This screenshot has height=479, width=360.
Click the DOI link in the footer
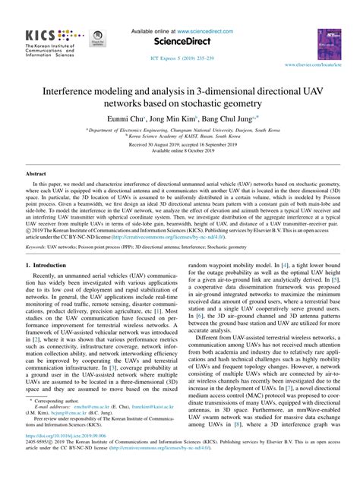55,457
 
